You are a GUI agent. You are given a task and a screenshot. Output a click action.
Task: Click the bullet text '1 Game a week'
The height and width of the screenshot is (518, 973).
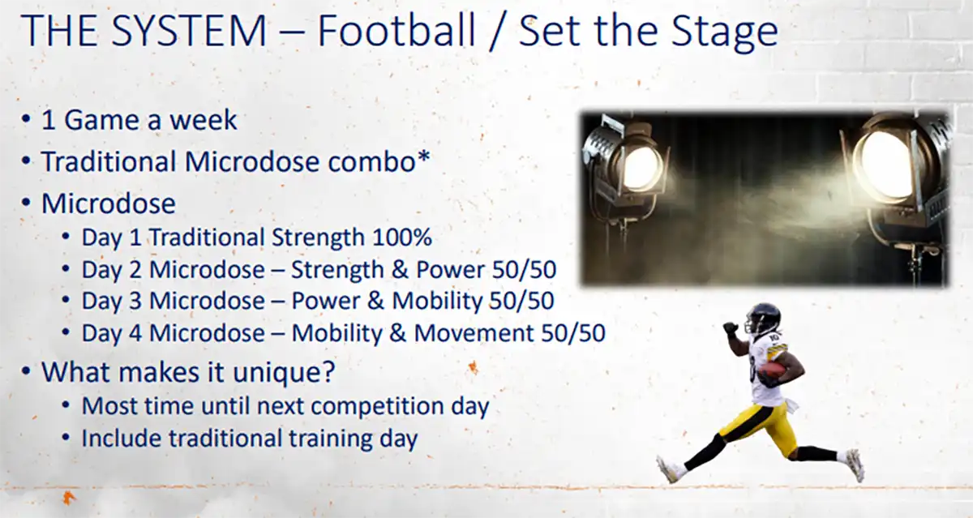click(x=139, y=120)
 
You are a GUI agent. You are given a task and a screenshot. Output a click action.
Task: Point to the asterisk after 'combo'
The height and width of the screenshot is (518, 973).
click(x=422, y=158)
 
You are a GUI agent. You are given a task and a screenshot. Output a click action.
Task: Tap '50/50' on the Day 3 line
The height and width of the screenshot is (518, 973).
click(x=521, y=301)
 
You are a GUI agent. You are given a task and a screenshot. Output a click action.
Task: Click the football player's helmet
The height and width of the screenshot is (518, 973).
click(x=762, y=319)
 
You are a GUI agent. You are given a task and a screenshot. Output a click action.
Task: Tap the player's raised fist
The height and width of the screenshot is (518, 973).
click(x=731, y=328)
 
